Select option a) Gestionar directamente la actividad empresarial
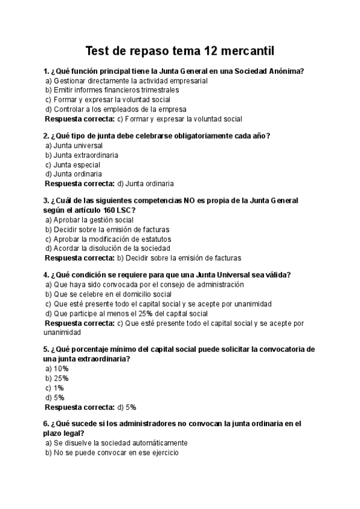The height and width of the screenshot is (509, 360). point(127,80)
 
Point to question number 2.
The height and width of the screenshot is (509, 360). point(46,136)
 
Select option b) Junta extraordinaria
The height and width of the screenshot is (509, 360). point(82,155)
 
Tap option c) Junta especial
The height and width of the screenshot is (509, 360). point(73,164)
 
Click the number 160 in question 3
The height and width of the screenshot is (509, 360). point(104,210)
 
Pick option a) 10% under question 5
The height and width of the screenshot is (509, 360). point(58,369)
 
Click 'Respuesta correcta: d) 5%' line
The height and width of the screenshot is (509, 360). point(91,407)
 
